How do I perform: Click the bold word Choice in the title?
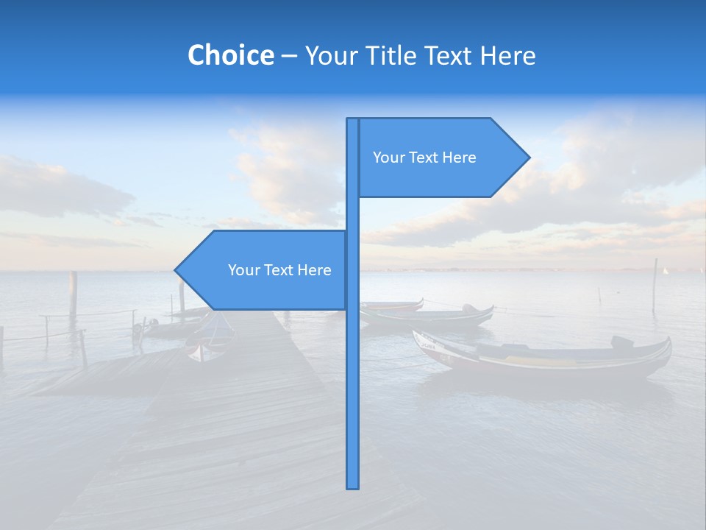230,55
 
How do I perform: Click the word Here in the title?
507,55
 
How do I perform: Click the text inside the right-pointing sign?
424,158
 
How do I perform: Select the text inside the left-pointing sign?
279,270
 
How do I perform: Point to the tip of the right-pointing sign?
528,158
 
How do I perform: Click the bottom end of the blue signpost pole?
353,486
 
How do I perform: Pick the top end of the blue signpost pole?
353,120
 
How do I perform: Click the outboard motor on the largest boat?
622,342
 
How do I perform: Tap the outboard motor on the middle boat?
469,308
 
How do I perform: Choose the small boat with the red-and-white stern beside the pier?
207,348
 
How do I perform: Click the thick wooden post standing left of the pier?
73,293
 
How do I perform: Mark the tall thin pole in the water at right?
655,286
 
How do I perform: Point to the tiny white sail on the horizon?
666,271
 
